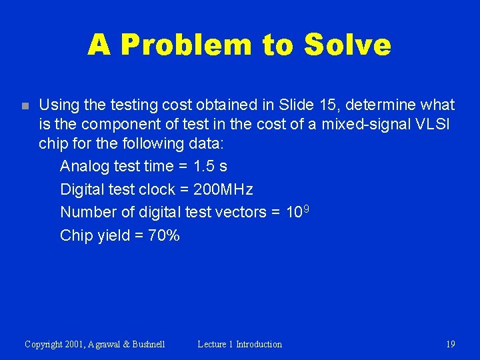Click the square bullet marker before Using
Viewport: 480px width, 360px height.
pyautogui.click(x=25, y=106)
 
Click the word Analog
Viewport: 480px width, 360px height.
pyautogui.click(x=83, y=166)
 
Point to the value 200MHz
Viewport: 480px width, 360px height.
pyautogui.click(x=223, y=189)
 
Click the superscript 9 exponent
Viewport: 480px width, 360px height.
pyautogui.click(x=306, y=209)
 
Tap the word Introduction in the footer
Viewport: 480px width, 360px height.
pyautogui.click(x=259, y=345)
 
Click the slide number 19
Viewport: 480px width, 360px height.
pyautogui.click(x=450, y=345)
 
